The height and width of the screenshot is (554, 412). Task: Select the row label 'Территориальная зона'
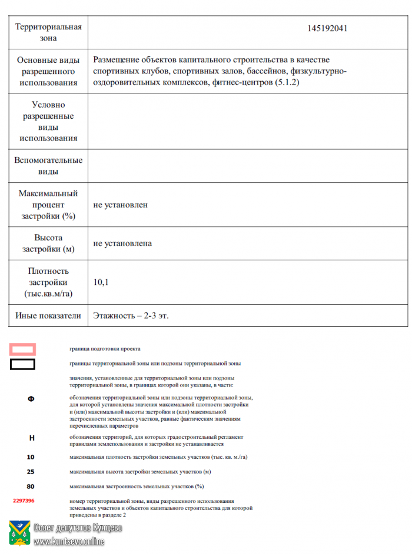click(x=48, y=32)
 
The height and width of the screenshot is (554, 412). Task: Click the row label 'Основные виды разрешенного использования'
click(x=48, y=72)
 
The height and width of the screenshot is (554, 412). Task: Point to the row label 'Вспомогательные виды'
click(x=48, y=166)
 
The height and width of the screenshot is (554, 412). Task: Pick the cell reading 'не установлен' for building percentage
click(x=121, y=205)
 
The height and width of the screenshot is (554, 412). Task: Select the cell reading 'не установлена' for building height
click(x=122, y=243)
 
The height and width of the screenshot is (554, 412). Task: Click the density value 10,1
click(x=101, y=283)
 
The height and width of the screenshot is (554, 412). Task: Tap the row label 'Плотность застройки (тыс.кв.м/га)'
click(x=48, y=283)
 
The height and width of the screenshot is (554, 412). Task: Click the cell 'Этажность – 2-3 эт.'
click(x=131, y=315)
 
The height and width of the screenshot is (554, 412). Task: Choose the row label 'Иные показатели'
click(x=48, y=315)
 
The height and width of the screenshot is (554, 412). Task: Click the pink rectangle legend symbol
click(x=22, y=349)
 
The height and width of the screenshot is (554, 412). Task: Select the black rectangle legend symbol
click(x=22, y=364)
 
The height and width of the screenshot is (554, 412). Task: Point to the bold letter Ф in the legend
click(x=31, y=399)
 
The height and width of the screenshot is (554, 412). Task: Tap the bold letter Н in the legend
click(x=31, y=438)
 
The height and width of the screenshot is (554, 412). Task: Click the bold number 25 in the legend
click(x=31, y=472)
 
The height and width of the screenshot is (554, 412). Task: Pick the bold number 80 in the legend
click(x=31, y=486)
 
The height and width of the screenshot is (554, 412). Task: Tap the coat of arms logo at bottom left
click(x=19, y=532)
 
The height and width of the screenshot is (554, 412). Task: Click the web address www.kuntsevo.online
click(x=69, y=542)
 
